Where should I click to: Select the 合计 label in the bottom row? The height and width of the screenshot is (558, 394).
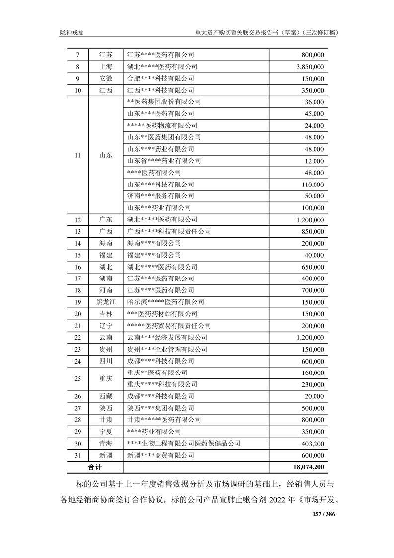coord(95,467)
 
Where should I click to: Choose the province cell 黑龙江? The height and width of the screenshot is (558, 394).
coord(105,302)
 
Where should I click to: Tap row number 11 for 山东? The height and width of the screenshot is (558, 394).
coord(77,155)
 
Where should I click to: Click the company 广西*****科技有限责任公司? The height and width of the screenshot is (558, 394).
coord(169,232)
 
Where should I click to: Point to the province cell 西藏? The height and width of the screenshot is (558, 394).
coord(105,396)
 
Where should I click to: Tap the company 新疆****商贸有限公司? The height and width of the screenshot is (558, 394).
coord(160,455)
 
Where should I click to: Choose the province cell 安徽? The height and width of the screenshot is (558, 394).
coord(105,79)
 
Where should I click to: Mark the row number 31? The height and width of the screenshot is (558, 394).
coord(77,455)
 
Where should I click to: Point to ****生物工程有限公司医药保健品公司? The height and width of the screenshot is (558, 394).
coord(184,444)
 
